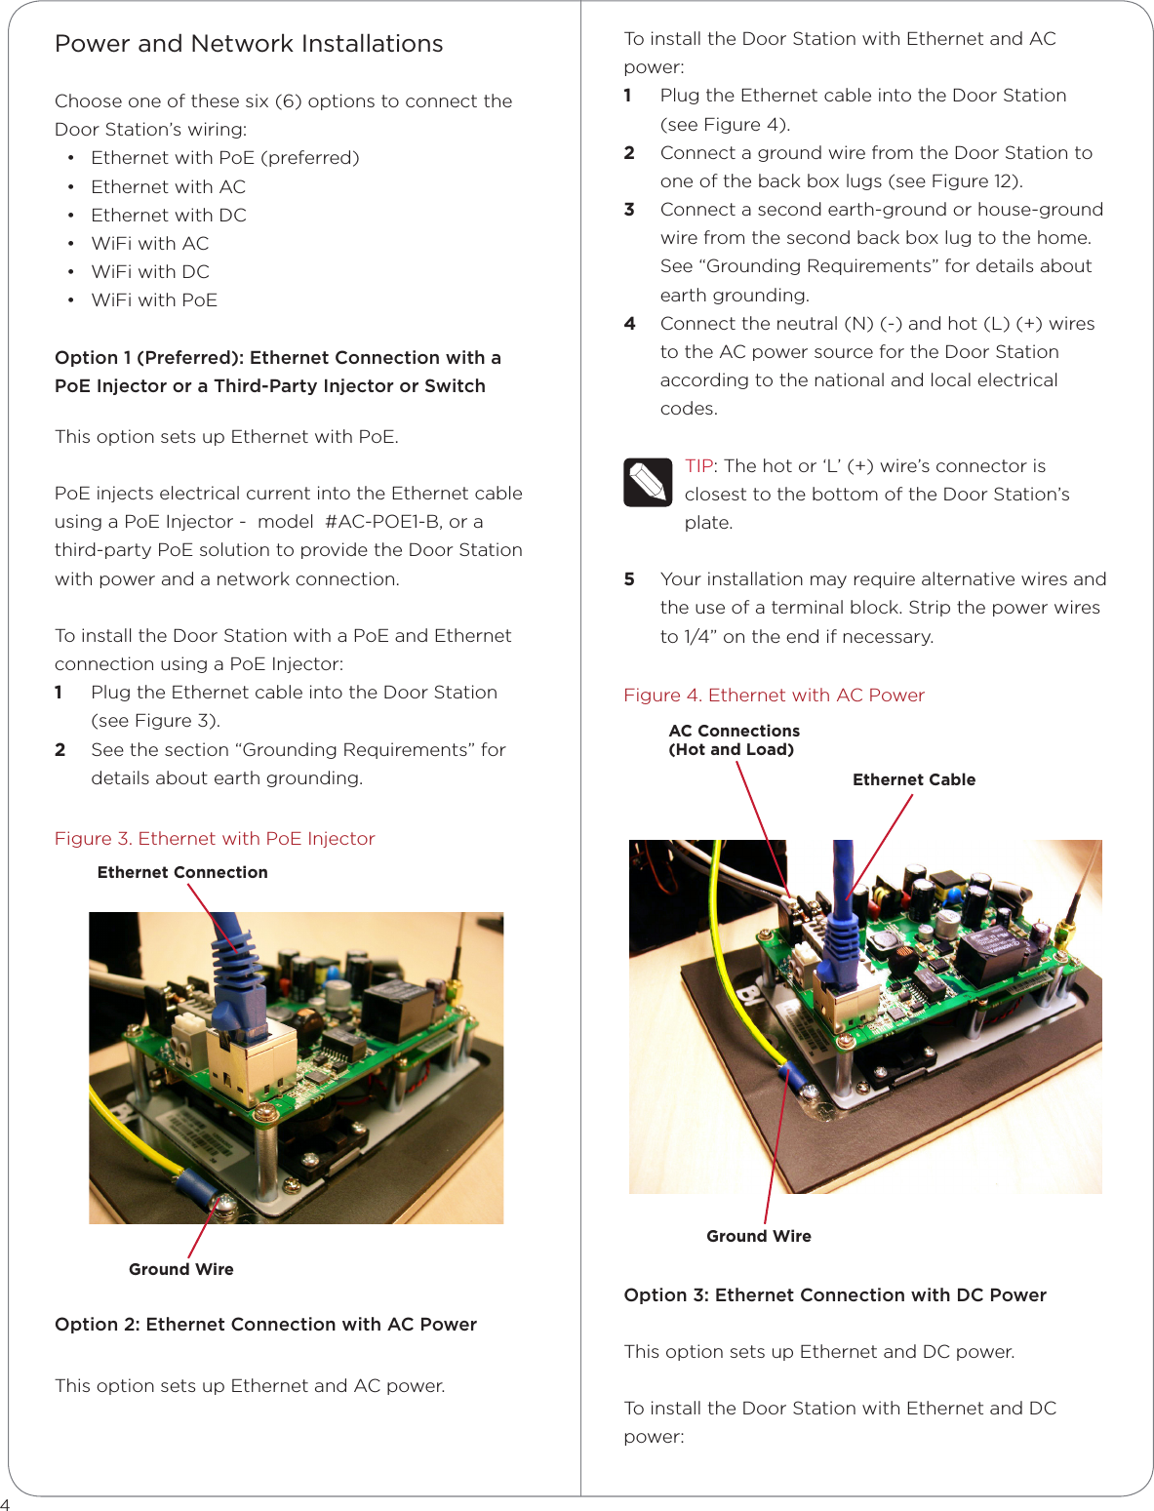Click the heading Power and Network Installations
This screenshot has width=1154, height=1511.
pyautogui.click(x=249, y=44)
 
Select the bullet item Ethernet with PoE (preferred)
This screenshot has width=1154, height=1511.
pyautogui.click(x=224, y=158)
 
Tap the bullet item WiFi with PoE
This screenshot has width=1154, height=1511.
pyautogui.click(x=154, y=300)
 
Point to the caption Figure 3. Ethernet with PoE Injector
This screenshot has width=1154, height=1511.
pyautogui.click(x=215, y=839)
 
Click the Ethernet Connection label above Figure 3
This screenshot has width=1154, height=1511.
pyautogui.click(x=182, y=872)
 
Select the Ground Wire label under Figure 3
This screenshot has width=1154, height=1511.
pyautogui.click(x=181, y=1269)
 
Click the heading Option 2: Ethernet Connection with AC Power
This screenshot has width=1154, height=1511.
pyautogui.click(x=265, y=1325)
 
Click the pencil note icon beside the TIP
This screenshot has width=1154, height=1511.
pyautogui.click(x=648, y=482)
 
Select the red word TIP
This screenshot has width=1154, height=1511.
pyautogui.click(x=698, y=466)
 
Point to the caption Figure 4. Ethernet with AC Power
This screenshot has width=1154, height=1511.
pyautogui.click(x=774, y=696)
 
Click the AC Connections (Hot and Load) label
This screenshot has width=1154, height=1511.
pyautogui.click(x=734, y=740)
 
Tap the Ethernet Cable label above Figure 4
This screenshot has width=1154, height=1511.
pyautogui.click(x=914, y=779)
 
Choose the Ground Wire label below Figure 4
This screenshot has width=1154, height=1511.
pyautogui.click(x=759, y=1236)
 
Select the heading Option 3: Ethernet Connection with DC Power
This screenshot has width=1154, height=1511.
pyautogui.click(x=835, y=1295)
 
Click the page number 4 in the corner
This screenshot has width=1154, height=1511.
pyautogui.click(x=5, y=1504)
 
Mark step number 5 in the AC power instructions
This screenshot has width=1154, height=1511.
pyautogui.click(x=629, y=579)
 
